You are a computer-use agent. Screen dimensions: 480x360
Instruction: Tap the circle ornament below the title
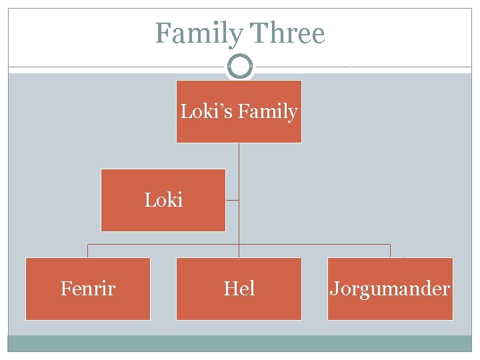click(239, 67)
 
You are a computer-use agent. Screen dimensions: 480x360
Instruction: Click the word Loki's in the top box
click(205, 111)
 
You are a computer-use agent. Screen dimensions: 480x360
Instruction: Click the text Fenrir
click(88, 289)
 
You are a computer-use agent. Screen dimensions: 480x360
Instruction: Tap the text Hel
click(239, 289)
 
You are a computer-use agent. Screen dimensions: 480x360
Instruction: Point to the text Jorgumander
click(390, 289)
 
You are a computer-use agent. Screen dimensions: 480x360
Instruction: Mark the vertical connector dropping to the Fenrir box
click(88, 251)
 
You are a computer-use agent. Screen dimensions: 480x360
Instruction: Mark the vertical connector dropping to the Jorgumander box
click(390, 251)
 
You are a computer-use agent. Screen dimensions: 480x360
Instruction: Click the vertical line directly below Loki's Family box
click(239, 160)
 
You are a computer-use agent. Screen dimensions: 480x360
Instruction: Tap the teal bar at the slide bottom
click(239, 343)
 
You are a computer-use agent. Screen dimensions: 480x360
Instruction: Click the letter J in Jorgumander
click(333, 289)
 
